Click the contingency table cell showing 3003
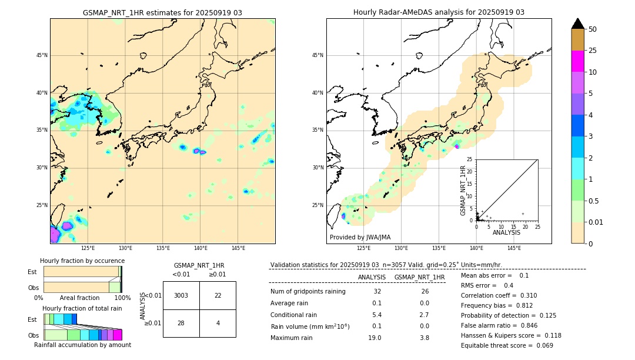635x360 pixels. [x=181, y=295]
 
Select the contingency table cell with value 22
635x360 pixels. [x=218, y=295]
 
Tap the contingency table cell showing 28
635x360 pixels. [x=181, y=323]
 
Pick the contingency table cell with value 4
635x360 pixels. [x=218, y=323]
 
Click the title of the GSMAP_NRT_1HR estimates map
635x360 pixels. [x=162, y=12]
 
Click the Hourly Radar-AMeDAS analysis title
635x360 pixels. [x=439, y=12]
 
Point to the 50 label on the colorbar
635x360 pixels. [x=593, y=29]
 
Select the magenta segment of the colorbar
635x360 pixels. [x=577, y=61]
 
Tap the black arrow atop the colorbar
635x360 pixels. [x=577, y=24]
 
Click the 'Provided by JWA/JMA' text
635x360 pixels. [x=360, y=237]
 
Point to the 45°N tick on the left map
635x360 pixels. [x=42, y=55]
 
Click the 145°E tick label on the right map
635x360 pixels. [x=514, y=248]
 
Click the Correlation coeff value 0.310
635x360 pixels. [x=524, y=295]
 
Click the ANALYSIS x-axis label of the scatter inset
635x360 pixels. [x=506, y=232]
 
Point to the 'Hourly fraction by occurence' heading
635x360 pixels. [x=82, y=261]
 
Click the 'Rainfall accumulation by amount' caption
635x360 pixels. [x=82, y=345]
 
